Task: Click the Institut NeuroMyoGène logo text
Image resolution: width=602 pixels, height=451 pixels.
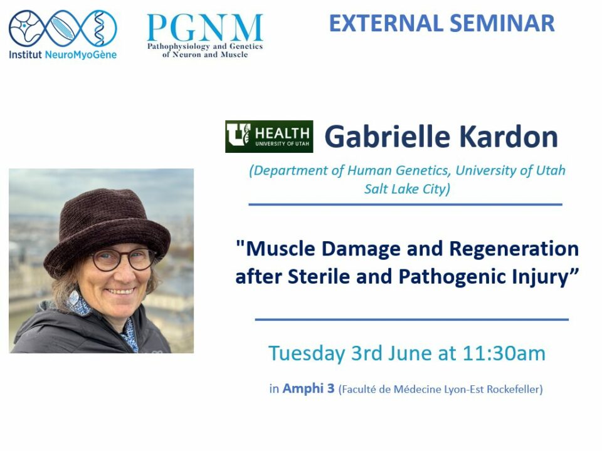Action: (63, 55)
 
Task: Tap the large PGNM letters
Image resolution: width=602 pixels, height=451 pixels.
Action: (205, 28)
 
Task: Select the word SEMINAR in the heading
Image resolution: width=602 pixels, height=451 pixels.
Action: (502, 23)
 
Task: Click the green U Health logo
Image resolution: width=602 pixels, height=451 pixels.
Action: (269, 137)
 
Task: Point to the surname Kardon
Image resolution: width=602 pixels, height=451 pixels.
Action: (509, 137)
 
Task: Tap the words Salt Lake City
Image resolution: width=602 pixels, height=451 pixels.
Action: (407, 189)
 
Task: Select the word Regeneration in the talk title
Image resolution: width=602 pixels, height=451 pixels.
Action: (514, 249)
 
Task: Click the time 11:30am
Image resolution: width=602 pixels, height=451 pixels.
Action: (504, 353)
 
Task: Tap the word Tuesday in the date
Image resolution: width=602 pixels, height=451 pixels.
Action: (307, 353)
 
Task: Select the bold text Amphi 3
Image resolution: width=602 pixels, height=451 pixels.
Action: (309, 388)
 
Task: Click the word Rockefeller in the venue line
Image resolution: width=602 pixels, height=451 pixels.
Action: (515, 389)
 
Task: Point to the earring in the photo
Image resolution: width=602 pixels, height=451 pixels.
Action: (73, 296)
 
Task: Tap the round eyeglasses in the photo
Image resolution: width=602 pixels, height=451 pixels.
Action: (123, 259)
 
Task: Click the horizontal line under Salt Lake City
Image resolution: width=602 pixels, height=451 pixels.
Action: (406, 204)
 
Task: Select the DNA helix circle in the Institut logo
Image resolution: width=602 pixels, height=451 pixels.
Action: (100, 28)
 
